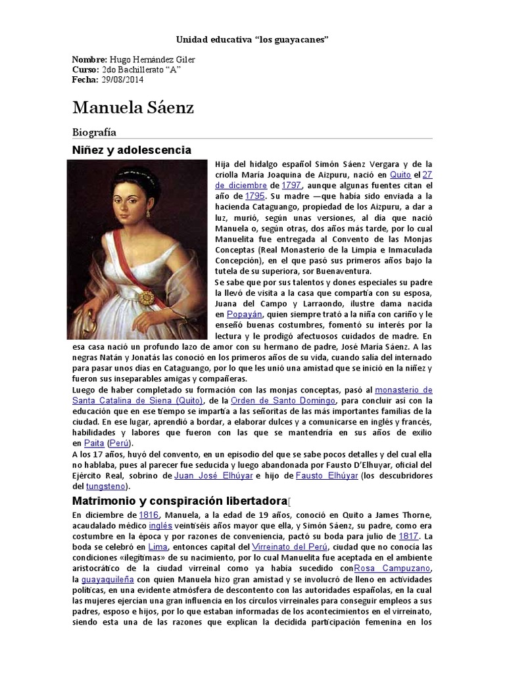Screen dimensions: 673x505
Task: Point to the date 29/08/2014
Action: coord(122,80)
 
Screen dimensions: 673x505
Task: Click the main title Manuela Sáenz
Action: coord(133,107)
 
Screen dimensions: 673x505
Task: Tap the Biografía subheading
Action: coord(94,132)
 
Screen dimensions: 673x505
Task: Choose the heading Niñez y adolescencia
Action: coord(132,150)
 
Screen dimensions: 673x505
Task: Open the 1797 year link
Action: coord(291,185)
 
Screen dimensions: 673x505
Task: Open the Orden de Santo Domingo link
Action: coord(290,400)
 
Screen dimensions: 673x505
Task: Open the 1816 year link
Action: coord(149,515)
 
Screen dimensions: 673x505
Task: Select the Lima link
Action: coord(158,546)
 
